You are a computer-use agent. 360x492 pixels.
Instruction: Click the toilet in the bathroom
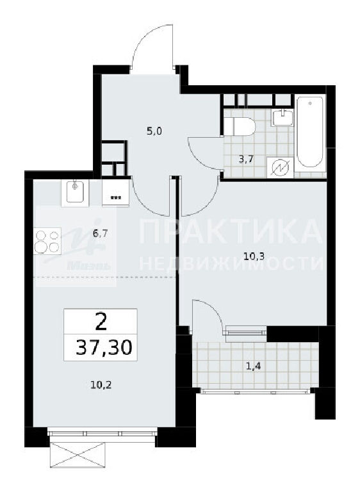click(239, 126)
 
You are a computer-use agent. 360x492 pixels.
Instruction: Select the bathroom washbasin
click(282, 118)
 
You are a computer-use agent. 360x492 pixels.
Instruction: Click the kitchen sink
click(75, 192)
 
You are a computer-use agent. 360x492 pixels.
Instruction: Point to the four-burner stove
click(47, 241)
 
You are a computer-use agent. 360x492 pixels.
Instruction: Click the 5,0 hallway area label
click(154, 131)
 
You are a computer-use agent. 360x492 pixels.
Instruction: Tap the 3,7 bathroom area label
click(246, 159)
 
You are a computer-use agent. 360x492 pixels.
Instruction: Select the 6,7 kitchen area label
click(100, 233)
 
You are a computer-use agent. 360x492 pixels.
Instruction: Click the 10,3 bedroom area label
click(254, 257)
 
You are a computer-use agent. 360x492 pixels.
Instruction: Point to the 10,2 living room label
click(101, 384)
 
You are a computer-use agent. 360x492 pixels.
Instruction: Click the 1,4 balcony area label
click(254, 366)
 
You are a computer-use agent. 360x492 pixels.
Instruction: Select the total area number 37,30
click(104, 347)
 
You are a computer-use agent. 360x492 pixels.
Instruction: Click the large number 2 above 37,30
click(101, 322)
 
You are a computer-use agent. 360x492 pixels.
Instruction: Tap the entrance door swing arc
click(146, 35)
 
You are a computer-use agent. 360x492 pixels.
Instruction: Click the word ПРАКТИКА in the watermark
click(231, 232)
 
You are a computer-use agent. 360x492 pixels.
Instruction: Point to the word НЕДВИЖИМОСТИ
click(231, 263)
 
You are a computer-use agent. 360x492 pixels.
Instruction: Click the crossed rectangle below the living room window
click(78, 454)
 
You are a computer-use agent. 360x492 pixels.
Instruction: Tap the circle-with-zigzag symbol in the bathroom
click(280, 168)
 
